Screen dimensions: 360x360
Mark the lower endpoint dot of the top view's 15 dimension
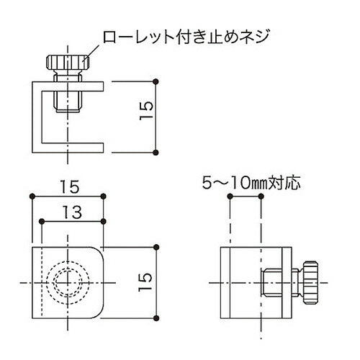coord(157,151)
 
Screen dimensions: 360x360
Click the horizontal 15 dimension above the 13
coord(70,186)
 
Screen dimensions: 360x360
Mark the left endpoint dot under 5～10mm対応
coord(229,197)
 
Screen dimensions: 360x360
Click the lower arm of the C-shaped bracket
coord(72,148)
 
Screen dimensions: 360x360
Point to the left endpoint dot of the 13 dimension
coord(42,220)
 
